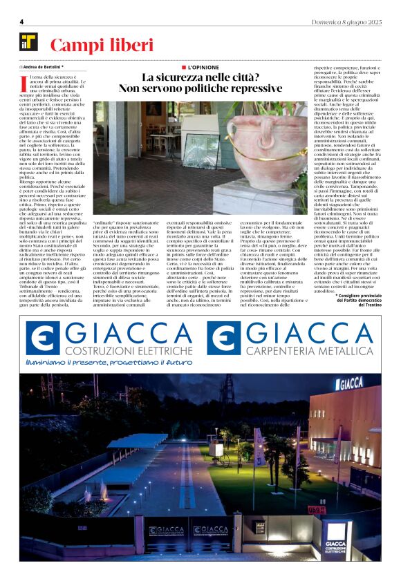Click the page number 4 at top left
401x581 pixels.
21,21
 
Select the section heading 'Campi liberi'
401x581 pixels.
101,46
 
